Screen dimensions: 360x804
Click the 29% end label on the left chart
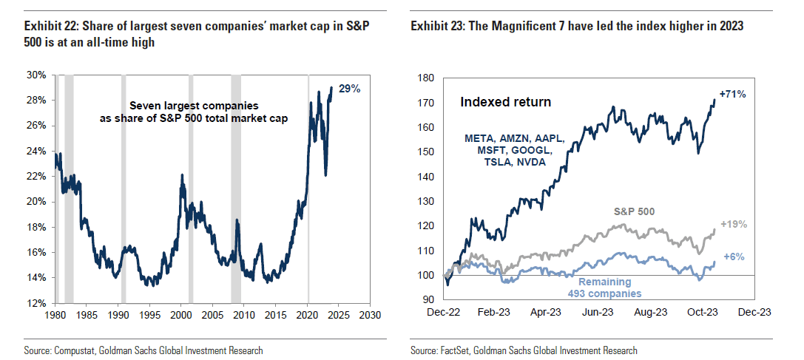[x=350, y=89]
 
